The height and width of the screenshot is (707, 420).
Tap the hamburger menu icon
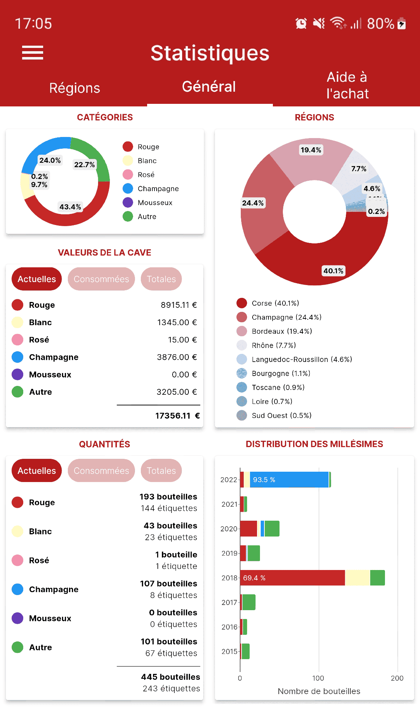click(32, 52)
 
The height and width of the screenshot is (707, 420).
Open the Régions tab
click(74, 88)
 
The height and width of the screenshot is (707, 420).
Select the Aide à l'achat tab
click(347, 85)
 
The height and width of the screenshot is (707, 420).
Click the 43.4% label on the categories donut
click(70, 207)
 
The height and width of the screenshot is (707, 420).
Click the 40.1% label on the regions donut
click(333, 271)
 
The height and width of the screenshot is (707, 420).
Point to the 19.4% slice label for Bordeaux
click(310, 150)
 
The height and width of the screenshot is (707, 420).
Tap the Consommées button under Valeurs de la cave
click(101, 279)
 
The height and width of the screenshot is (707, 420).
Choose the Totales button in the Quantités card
click(161, 471)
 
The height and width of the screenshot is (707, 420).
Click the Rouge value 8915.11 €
click(178, 305)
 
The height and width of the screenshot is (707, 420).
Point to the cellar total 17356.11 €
click(177, 416)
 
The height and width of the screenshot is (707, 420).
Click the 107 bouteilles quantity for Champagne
click(169, 584)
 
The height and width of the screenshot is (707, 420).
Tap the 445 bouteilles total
click(170, 677)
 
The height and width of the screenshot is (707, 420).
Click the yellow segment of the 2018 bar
click(357, 578)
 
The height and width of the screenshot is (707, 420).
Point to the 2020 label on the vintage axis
click(229, 529)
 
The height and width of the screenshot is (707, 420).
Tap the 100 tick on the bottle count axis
click(318, 678)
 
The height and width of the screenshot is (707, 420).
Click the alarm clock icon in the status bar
click(301, 24)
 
